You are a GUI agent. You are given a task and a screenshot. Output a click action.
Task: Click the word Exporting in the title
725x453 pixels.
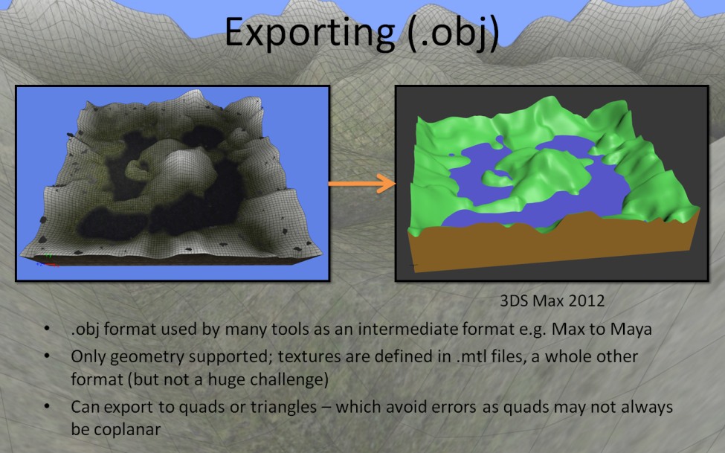click(x=309, y=33)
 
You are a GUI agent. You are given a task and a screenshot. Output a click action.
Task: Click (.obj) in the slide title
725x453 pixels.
click(x=454, y=33)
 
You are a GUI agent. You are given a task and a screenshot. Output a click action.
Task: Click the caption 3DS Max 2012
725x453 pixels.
click(x=552, y=301)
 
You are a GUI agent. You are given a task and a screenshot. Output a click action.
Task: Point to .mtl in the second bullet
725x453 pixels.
click(x=473, y=356)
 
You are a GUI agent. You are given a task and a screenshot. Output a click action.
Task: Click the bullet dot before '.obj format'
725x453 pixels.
click(x=47, y=329)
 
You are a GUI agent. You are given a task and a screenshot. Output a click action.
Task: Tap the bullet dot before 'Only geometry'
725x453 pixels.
click(x=47, y=356)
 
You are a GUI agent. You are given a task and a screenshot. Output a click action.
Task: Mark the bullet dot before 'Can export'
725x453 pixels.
click(x=47, y=407)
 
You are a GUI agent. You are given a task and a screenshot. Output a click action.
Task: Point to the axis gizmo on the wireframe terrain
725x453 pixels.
click(x=47, y=261)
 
